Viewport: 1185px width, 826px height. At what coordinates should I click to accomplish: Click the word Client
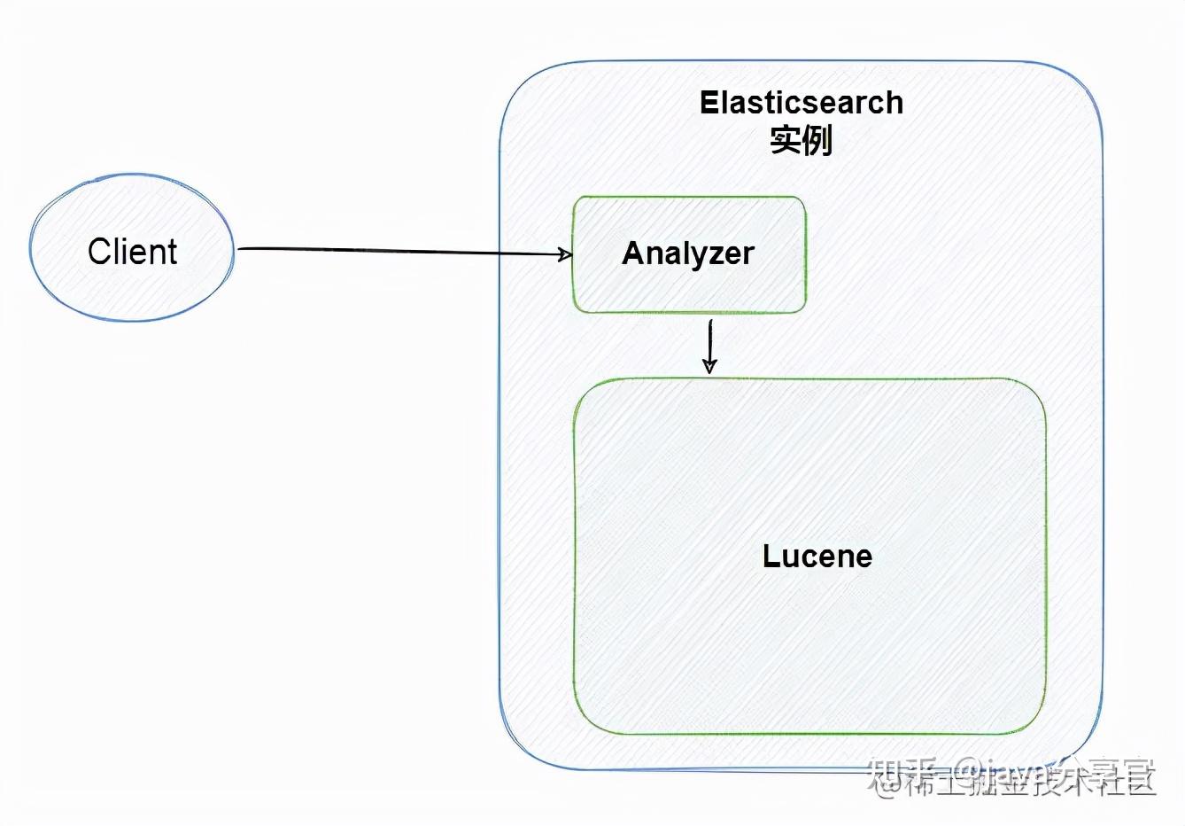pos(133,252)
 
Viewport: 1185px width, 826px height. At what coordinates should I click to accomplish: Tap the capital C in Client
pos(98,252)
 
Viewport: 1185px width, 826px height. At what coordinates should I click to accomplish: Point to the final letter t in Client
pos(172,252)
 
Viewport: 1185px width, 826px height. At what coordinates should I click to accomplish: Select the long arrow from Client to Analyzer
pos(399,252)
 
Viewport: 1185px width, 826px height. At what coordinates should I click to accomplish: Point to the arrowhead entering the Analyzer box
pos(565,255)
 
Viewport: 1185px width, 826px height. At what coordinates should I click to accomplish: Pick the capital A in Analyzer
pos(632,253)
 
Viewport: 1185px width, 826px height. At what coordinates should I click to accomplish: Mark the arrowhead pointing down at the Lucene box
pos(709,366)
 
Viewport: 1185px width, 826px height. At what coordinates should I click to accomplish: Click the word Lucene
pos(817,557)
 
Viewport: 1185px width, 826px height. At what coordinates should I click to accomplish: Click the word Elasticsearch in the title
pos(801,103)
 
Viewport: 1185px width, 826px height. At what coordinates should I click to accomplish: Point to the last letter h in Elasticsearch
pos(895,103)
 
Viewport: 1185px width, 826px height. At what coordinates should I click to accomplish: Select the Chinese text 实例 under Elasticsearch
pos(801,140)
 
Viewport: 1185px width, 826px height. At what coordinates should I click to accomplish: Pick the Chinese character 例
pos(817,140)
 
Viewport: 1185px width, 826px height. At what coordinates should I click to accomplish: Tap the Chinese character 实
pos(785,140)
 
